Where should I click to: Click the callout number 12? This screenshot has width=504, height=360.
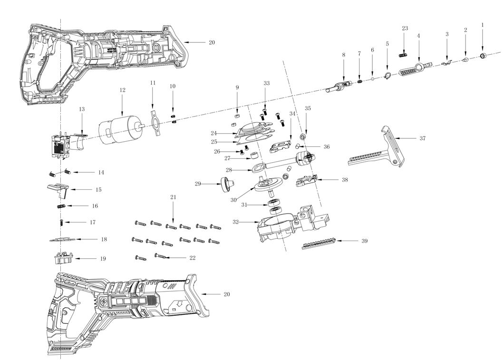pyautogui.click(x=122, y=90)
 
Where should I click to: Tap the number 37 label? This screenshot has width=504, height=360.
pyautogui.click(x=422, y=138)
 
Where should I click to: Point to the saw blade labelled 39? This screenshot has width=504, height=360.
pyautogui.click(x=320, y=243)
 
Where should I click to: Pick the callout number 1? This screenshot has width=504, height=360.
pyautogui.click(x=483, y=24)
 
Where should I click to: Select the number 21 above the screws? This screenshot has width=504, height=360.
pyautogui.click(x=173, y=197)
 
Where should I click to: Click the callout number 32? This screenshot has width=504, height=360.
pyautogui.click(x=236, y=222)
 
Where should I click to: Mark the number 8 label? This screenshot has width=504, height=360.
pyautogui.click(x=343, y=55)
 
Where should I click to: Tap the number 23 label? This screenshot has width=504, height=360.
pyautogui.click(x=405, y=29)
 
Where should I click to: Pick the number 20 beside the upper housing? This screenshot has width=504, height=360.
pyautogui.click(x=212, y=43)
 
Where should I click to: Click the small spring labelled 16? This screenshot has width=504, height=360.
pyautogui.click(x=60, y=206)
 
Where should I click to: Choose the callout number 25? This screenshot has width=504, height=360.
pyautogui.click(x=214, y=142)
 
